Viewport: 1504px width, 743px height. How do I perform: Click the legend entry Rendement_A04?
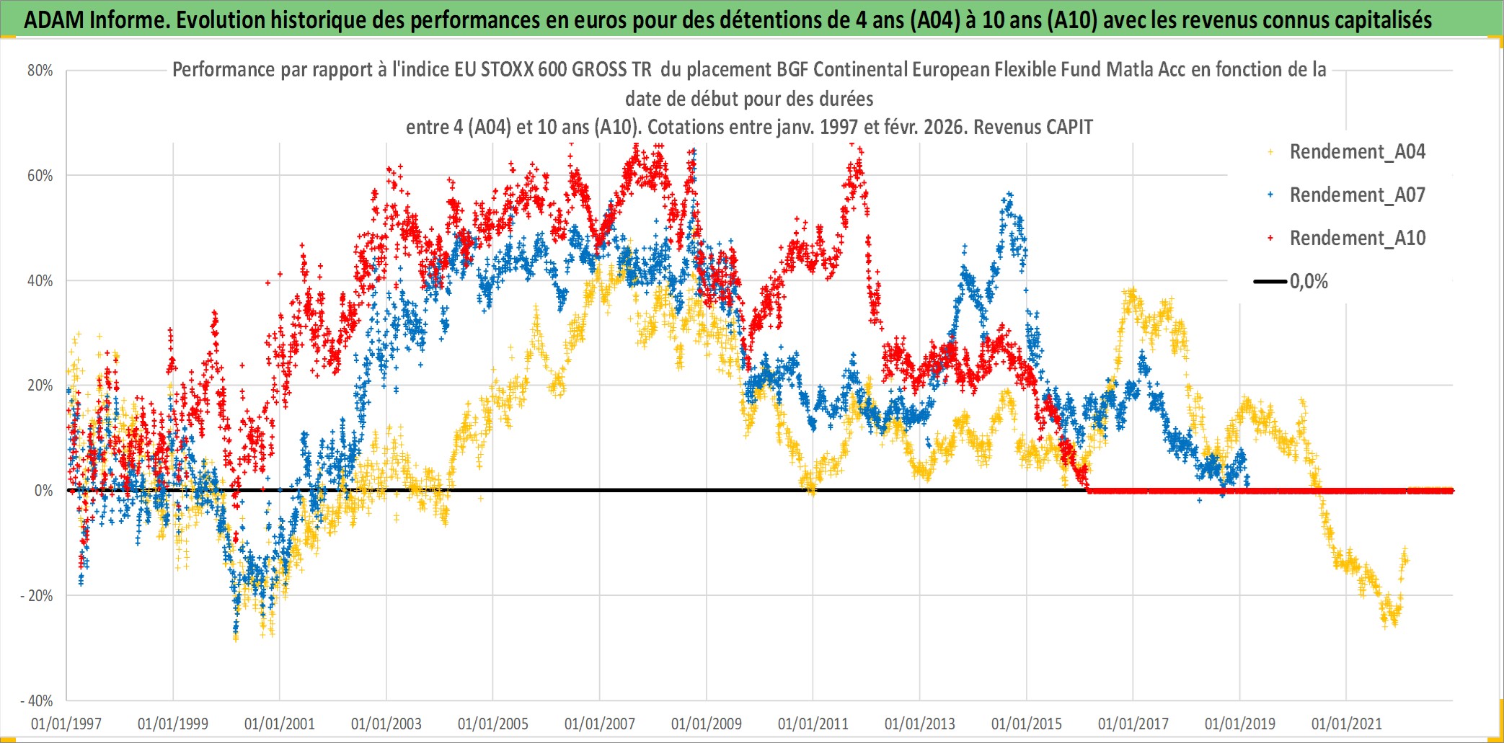pos(1357,152)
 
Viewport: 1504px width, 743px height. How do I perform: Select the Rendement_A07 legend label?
pos(1357,195)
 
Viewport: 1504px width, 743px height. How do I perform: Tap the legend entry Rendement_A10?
pos(1357,239)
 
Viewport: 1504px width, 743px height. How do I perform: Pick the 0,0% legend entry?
pos(1309,282)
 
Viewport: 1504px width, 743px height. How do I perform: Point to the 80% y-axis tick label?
pos(40,71)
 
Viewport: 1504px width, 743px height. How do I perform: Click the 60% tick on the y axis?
pos(40,176)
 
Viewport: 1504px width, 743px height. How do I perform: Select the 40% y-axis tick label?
pos(40,281)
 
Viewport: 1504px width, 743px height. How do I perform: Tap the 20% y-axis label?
pos(40,386)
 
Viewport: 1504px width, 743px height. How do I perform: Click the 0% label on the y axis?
pos(43,491)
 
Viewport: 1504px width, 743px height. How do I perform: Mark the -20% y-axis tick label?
pos(37,596)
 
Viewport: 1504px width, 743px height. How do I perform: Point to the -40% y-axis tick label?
pos(37,701)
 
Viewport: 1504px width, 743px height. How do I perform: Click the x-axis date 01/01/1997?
pos(66,724)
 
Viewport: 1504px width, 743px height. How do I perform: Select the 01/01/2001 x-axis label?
pos(280,724)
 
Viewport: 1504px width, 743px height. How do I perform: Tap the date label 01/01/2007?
pos(600,724)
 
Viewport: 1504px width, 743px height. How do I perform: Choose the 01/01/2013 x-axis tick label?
pos(920,724)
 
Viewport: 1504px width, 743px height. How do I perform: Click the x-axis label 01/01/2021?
pos(1347,724)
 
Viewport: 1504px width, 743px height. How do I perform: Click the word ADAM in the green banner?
pos(54,20)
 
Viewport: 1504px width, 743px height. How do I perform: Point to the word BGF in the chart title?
pos(793,70)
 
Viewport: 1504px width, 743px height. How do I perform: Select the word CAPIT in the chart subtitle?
pos(1069,128)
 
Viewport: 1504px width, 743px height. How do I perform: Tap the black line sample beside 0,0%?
pos(1270,282)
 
